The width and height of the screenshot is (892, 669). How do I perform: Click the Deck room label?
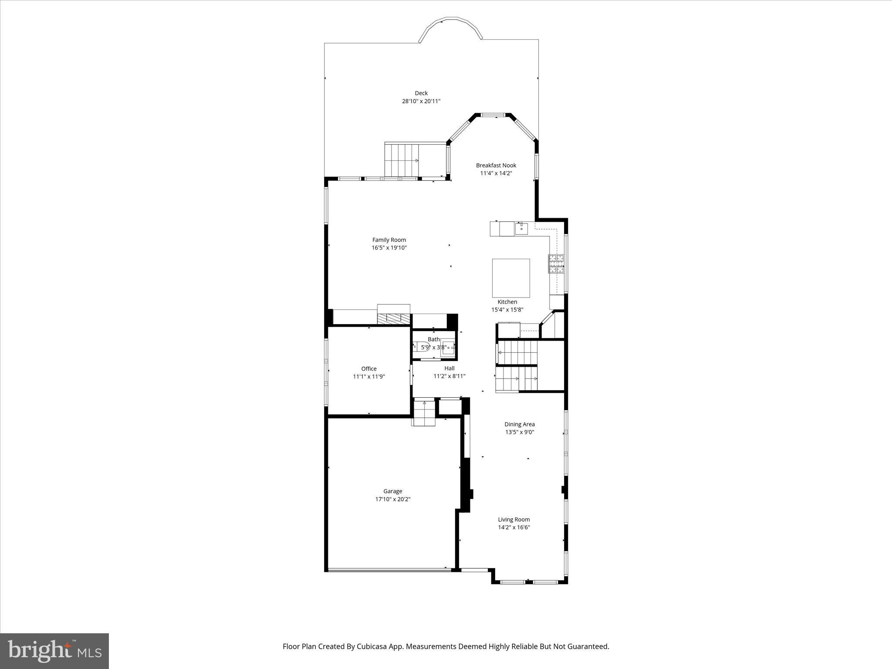click(421, 93)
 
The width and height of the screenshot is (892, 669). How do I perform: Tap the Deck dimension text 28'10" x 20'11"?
click(421, 101)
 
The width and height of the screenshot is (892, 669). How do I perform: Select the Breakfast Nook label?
click(496, 165)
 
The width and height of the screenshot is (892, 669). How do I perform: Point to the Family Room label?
click(389, 240)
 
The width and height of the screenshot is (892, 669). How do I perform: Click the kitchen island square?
click(511, 278)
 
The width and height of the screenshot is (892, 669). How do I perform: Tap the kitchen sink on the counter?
click(521, 228)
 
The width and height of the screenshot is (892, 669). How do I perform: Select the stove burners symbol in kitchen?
click(556, 264)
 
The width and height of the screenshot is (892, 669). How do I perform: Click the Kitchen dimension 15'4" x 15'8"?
click(507, 310)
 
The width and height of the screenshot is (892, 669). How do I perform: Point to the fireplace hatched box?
click(394, 318)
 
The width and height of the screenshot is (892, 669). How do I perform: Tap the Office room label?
click(368, 368)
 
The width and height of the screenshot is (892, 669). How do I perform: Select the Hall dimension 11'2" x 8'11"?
click(449, 376)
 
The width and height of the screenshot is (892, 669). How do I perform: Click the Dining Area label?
click(519, 424)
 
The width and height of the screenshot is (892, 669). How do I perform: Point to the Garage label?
click(392, 491)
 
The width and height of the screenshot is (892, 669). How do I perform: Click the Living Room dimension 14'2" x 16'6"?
click(514, 527)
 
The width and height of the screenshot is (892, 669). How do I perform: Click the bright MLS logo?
click(54, 651)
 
